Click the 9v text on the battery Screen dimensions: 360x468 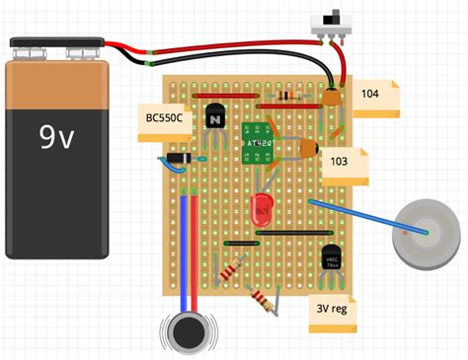(x=56, y=137)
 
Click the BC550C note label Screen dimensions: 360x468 (x=162, y=119)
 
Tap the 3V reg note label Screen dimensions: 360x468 (x=336, y=310)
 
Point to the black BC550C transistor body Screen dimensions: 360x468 (x=215, y=117)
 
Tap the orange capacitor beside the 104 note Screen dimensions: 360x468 (x=333, y=97)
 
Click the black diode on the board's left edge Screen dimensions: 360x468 (x=178, y=156)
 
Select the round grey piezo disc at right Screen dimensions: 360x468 (x=426, y=233)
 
